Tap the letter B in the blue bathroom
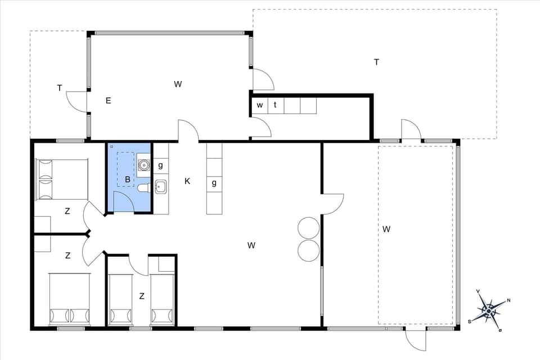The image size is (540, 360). coord(128,180)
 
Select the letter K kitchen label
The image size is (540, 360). coord(187,181)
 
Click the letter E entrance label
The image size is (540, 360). coord(108,101)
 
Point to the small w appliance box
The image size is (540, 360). coord(259,105)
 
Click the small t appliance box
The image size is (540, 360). coord(275,105)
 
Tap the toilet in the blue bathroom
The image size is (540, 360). coord(143,187)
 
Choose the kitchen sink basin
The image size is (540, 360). coord(160,186)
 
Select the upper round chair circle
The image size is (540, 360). coord(309,228)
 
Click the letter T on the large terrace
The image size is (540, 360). coord(376,62)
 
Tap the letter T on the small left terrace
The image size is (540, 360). coord(59,87)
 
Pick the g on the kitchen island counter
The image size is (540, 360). coord(214,183)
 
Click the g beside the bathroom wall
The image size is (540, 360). coord(160,165)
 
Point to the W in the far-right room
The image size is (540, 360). coord(386,229)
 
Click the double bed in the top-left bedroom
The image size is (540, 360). coord(62,179)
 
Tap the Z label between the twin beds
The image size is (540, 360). coord(142,296)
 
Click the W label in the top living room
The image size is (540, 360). coord(178,84)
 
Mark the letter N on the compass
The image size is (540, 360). coord(508,300)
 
